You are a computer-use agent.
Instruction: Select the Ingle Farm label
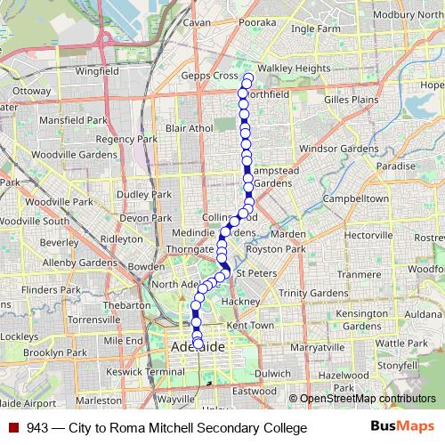click(x=316, y=28)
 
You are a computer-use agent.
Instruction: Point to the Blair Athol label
click(x=190, y=128)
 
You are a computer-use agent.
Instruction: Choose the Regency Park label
click(x=126, y=140)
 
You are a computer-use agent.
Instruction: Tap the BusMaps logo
click(x=401, y=427)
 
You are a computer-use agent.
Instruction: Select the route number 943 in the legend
click(x=37, y=428)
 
